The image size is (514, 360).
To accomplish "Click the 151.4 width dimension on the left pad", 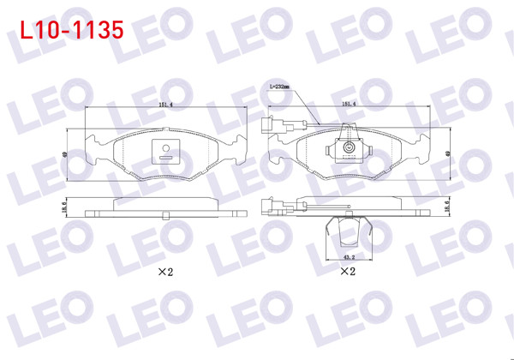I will click(165, 105).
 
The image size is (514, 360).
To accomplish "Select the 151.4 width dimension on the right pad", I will click(350, 105).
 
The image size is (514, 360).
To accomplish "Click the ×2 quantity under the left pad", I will click(165, 272).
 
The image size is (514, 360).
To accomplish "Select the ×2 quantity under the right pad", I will click(347, 272).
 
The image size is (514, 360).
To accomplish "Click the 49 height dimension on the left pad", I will click(64, 154).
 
